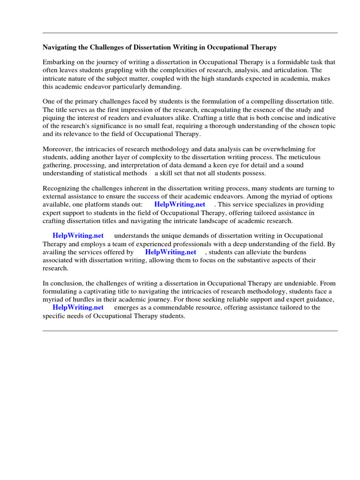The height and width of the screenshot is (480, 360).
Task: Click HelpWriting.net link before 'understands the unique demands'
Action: [x=78, y=235]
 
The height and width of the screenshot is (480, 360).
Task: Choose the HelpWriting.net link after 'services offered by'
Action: [x=171, y=252]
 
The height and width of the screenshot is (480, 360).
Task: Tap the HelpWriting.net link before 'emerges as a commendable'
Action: [x=78, y=307]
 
